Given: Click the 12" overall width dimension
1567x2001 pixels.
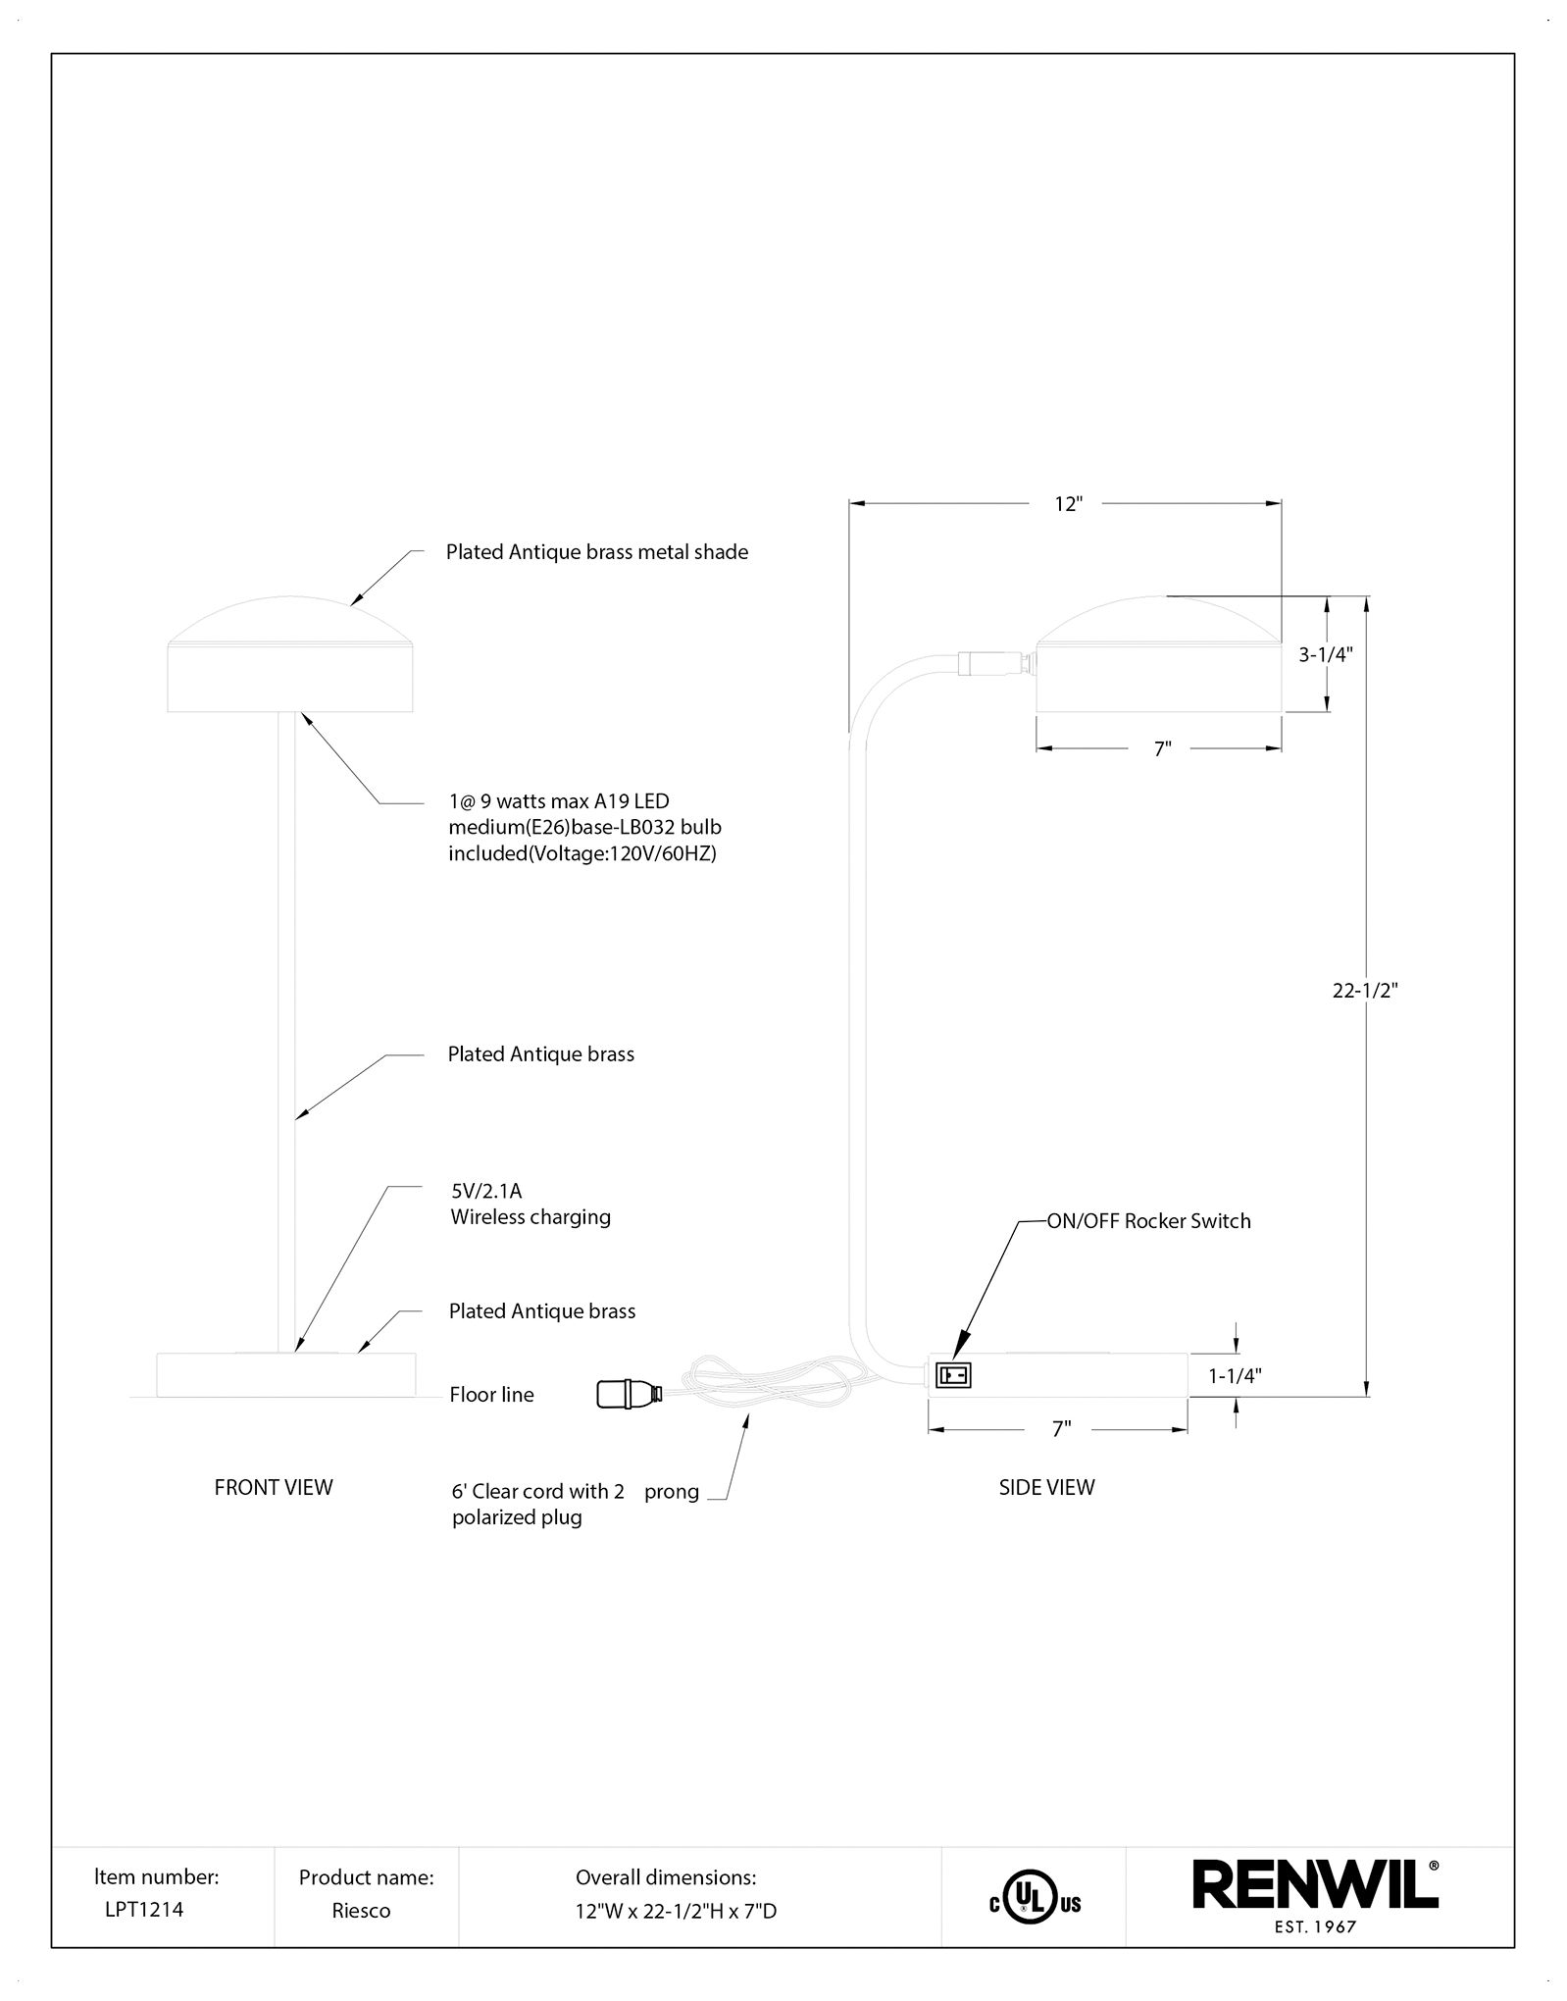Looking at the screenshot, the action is point(1067,504).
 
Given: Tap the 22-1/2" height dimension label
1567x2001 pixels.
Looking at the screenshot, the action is point(1364,991).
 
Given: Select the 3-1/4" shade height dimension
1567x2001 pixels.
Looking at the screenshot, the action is point(1326,655).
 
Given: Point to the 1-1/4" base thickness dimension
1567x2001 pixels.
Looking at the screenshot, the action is point(1235,1376).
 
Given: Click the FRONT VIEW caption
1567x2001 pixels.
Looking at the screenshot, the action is point(274,1487).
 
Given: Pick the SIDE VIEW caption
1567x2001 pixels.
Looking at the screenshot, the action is point(1046,1487).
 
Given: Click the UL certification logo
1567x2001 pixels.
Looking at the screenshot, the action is point(1035,1904).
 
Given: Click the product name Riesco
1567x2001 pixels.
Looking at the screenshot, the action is point(361,1911).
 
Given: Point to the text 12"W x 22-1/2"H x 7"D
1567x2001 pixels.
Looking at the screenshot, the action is point(676,1911).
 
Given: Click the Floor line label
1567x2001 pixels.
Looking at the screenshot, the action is point(491,1395).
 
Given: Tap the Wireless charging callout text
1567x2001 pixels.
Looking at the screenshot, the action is point(531,1217).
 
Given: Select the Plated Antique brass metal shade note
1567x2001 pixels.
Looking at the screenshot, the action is point(597,552).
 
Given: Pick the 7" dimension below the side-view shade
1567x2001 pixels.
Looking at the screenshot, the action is point(1162,749).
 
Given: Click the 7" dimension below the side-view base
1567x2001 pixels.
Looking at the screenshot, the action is point(1060,1430).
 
